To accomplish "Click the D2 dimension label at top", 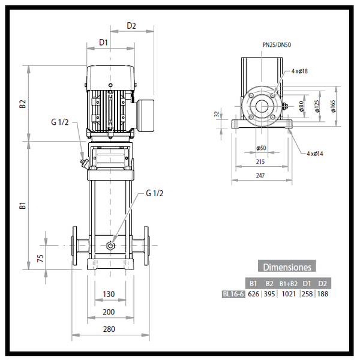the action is (x=131, y=26).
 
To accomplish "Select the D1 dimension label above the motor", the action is (x=103, y=42).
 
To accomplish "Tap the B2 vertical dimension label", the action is (x=23, y=104).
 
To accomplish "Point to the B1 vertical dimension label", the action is (x=23, y=205).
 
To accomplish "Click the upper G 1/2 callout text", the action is (x=59, y=122).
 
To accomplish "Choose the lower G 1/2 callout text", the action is (x=155, y=193).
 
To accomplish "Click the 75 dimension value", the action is (x=40, y=258).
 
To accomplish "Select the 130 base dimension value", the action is (x=109, y=294).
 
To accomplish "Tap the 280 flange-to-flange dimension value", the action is (x=109, y=329).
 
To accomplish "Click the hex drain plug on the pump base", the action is (x=110, y=246).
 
